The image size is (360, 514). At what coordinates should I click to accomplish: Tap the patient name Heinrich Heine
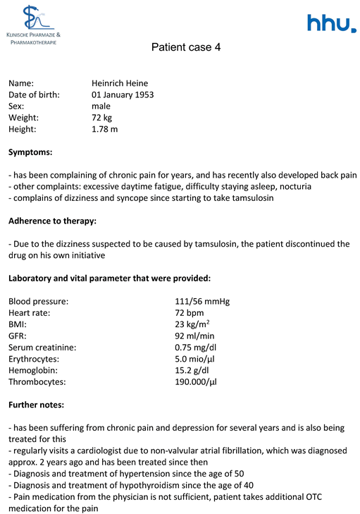[120, 83]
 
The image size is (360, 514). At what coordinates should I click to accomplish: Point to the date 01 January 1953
[123, 94]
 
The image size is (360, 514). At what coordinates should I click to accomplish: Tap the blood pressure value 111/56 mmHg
[202, 301]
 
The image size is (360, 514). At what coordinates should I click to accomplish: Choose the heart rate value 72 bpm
[190, 312]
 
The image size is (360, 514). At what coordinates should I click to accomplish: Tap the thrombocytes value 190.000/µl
[196, 381]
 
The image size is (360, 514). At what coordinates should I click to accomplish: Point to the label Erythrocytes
[36, 358]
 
